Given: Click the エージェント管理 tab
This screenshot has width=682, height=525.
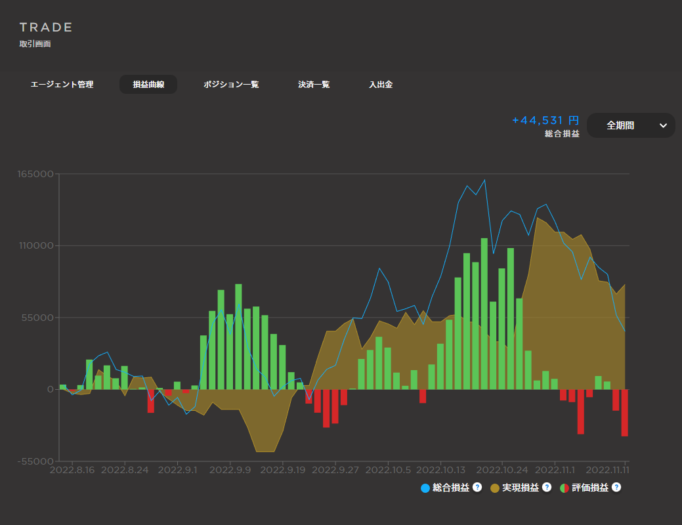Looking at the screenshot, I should [x=62, y=85].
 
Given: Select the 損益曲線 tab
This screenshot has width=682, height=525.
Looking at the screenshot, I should [x=148, y=85].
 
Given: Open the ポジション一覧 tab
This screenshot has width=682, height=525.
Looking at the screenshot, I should [x=231, y=85].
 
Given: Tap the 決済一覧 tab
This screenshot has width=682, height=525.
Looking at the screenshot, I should [x=314, y=85].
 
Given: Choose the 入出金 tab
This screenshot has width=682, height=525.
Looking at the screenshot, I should [x=381, y=85].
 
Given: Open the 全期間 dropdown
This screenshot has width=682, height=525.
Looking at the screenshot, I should [x=631, y=125].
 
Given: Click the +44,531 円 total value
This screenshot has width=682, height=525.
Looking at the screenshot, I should [x=545, y=121].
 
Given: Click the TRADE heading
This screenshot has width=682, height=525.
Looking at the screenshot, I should [x=46, y=28].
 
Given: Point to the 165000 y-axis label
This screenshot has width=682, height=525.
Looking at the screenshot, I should [x=36, y=175].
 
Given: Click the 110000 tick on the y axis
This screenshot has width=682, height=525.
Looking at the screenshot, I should [x=36, y=246].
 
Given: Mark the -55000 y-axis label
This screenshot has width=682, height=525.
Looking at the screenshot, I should [x=35, y=461].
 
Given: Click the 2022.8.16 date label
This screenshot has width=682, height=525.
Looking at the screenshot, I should [x=73, y=470].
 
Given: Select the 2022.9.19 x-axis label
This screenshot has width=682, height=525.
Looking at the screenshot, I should [x=286, y=470].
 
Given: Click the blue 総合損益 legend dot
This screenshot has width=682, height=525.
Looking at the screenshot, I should [x=425, y=488].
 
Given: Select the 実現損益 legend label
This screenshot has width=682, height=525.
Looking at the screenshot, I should [x=521, y=488].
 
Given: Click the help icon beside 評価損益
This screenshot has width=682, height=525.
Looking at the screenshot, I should [x=616, y=488].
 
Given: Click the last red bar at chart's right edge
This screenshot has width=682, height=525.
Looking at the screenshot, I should [x=625, y=413].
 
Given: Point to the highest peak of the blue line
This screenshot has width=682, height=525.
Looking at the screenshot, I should [x=484, y=180].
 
